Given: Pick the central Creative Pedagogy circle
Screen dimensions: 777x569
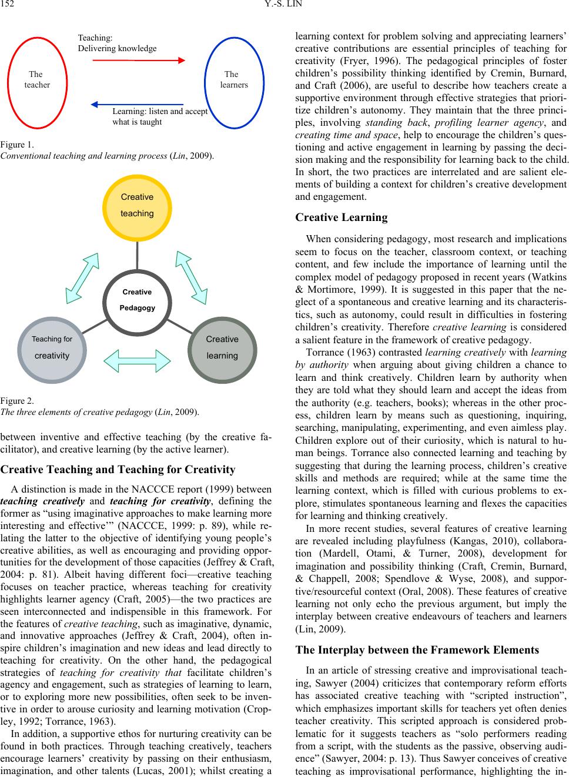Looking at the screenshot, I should (137, 300).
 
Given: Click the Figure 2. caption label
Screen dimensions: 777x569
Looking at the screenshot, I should (17, 400).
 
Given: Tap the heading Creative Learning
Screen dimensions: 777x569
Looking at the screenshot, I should (341, 217).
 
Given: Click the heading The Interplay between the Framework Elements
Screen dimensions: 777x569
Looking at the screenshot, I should (417, 650).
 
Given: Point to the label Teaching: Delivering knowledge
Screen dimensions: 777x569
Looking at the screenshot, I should (117, 43).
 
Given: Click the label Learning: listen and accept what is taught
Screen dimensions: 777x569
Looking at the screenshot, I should (159, 116).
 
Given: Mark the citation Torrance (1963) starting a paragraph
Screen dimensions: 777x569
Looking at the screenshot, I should (334, 353).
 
